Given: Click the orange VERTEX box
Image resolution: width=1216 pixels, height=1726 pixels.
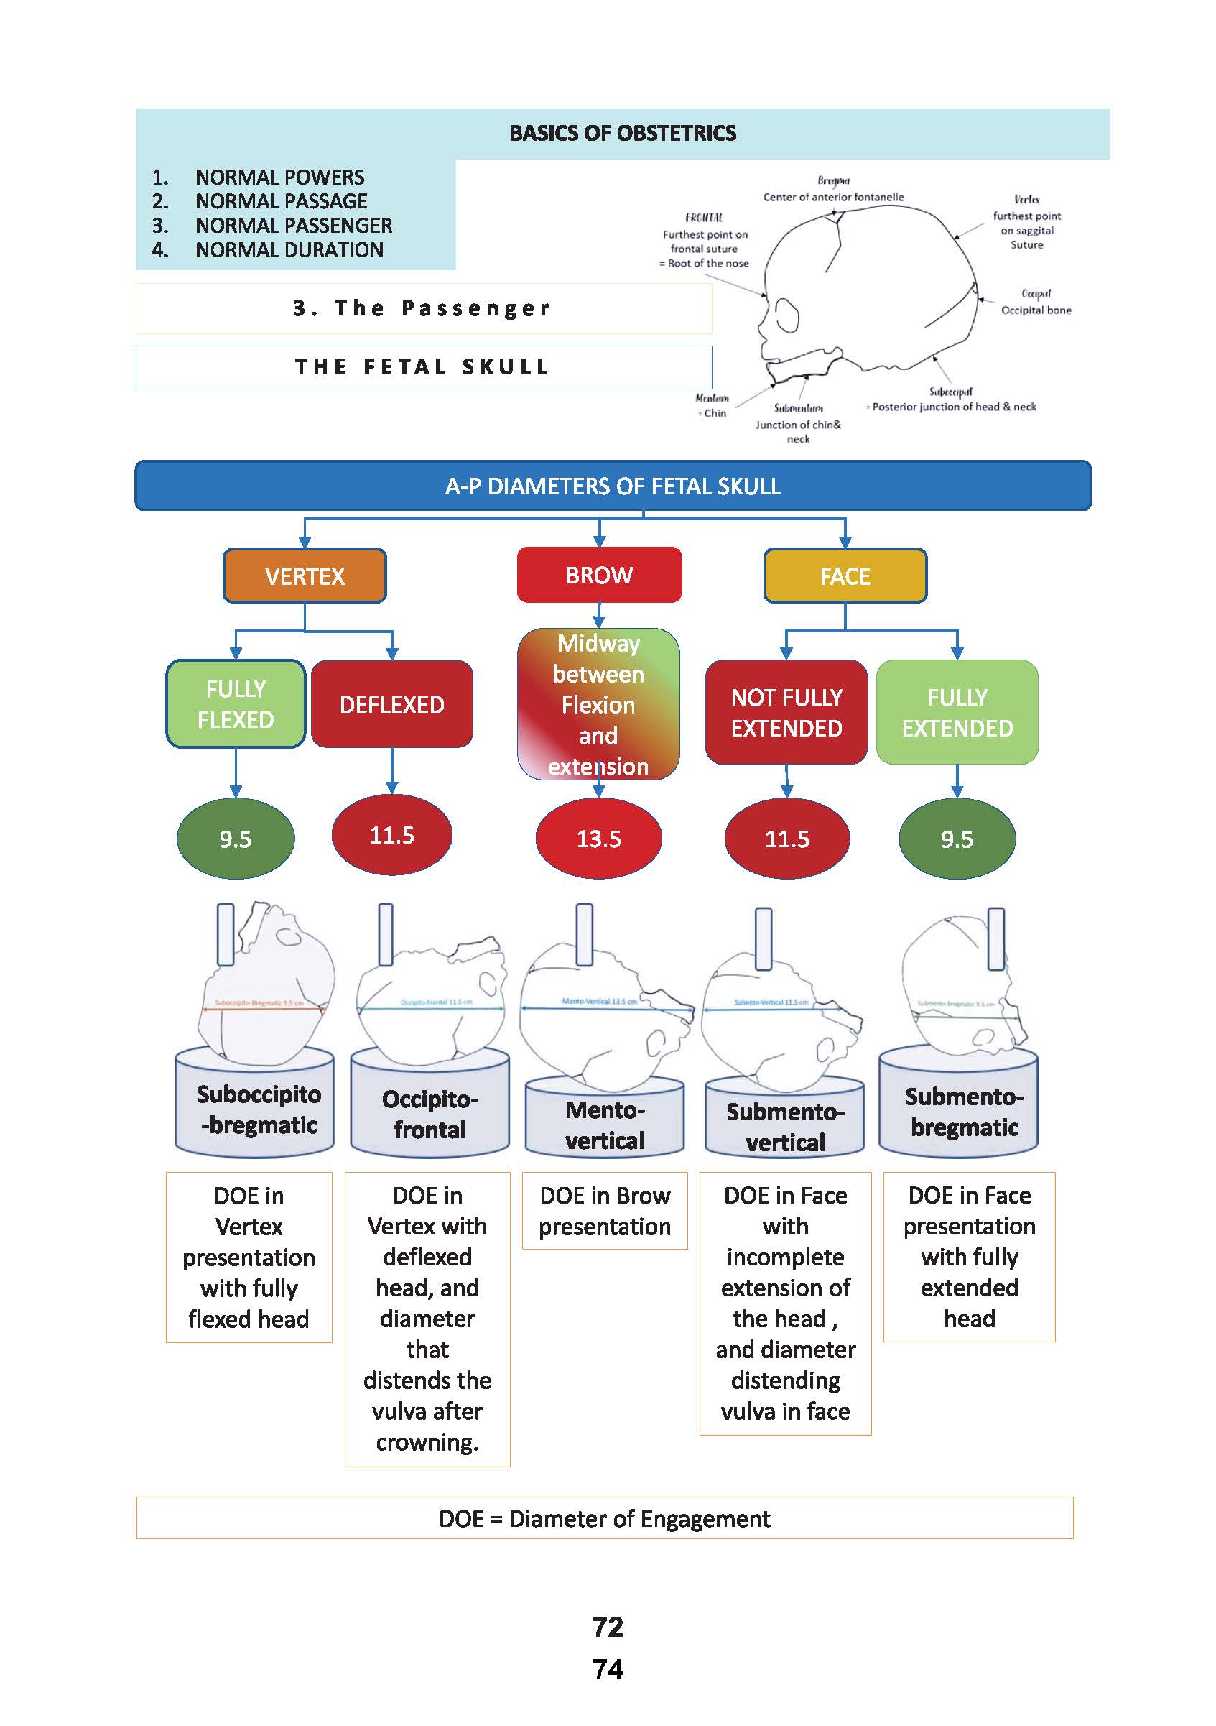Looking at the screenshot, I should click(305, 576).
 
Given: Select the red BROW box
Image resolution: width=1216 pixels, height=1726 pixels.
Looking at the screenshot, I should click(599, 575).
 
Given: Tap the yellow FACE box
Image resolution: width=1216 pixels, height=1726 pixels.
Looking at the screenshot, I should click(845, 576).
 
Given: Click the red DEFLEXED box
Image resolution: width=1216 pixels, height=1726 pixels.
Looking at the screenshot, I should click(391, 704).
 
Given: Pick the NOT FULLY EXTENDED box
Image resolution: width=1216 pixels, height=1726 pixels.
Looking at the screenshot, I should click(786, 713).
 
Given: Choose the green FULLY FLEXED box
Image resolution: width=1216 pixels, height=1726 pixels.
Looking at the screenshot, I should click(236, 704).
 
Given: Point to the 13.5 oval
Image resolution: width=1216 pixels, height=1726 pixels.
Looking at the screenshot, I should click(598, 838).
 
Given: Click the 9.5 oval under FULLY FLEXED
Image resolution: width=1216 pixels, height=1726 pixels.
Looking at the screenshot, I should click(236, 838).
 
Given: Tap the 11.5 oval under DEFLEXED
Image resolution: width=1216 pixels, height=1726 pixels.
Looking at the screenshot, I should click(391, 835).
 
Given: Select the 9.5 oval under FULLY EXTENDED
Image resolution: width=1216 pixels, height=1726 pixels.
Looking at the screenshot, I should click(957, 838).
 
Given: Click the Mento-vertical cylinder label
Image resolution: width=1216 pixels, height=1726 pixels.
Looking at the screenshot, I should click(604, 1125).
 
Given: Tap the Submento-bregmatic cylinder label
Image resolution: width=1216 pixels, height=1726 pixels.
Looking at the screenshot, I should click(964, 1112).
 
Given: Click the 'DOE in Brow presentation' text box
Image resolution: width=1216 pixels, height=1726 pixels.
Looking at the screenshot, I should click(604, 1211).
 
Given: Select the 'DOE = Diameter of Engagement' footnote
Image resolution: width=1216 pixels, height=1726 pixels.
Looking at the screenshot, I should click(604, 1518).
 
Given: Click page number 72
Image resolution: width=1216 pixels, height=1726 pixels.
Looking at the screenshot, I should click(607, 1627).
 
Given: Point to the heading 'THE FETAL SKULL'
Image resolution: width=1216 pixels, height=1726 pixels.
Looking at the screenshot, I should click(423, 367).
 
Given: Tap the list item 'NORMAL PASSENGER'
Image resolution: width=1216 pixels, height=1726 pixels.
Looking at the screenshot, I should click(293, 226).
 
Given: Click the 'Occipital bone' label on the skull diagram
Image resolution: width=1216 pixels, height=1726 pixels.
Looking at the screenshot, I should click(1036, 310).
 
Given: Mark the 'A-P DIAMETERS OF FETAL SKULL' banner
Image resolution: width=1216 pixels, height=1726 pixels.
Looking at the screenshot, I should click(613, 486).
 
